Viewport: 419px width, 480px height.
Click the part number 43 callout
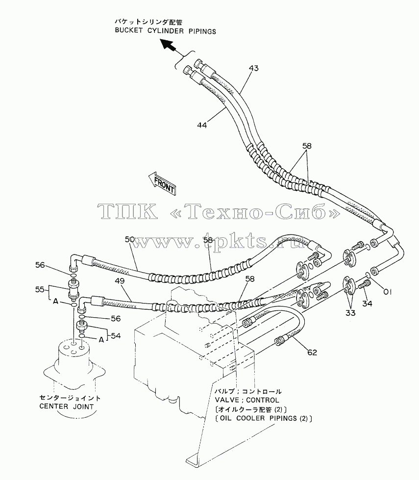254,68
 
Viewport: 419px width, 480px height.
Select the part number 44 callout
202,125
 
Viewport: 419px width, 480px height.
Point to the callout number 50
130,239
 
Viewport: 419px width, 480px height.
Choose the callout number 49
120,281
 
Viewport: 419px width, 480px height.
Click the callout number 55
40,289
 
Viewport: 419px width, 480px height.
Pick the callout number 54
116,336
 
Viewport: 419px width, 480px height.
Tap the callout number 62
312,353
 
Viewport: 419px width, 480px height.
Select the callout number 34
367,303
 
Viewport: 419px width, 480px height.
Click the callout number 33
350,313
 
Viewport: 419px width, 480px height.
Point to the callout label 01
388,292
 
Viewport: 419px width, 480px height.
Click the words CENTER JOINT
67,406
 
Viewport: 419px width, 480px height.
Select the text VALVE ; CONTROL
247,400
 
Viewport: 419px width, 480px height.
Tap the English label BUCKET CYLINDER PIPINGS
165,31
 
